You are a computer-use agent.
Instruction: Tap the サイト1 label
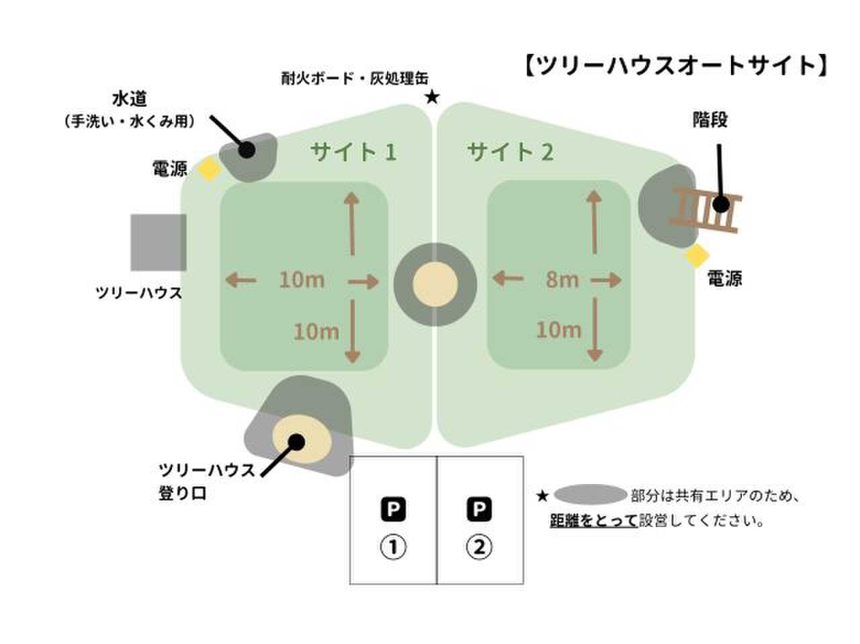click(353, 152)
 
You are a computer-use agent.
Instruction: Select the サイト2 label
click(510, 152)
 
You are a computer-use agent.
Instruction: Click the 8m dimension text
click(562, 280)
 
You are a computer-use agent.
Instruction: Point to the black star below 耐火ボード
click(432, 97)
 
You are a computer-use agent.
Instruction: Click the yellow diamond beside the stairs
click(697, 255)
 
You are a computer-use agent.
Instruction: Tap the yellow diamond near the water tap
click(209, 168)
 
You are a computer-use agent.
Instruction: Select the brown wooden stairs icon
click(705, 209)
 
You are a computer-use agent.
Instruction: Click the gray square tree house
click(159, 242)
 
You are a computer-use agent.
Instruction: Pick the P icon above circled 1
click(393, 509)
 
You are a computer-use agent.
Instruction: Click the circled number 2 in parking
click(479, 547)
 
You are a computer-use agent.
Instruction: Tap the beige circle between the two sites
click(435, 284)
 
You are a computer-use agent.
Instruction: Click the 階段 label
click(710, 120)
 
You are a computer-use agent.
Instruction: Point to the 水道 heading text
click(130, 98)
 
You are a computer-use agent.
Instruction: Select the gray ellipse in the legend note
click(590, 494)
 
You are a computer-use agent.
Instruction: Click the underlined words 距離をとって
click(593, 520)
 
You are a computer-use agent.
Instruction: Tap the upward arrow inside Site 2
click(594, 223)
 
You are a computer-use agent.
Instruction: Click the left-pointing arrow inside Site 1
click(241, 280)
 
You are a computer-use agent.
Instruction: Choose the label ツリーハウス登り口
click(206, 481)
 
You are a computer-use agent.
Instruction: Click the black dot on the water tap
click(247, 149)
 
